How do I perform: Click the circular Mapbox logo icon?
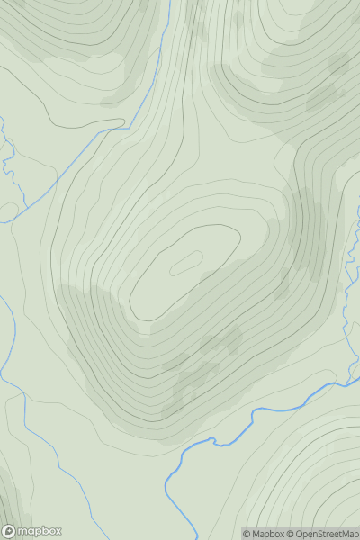[x=9, y=531]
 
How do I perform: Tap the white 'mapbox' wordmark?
[x=40, y=531]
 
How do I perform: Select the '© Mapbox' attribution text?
[x=262, y=534]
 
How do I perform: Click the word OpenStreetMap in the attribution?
[x=325, y=534]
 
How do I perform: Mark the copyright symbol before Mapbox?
[x=246, y=534]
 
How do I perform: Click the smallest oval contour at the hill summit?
[x=185, y=262]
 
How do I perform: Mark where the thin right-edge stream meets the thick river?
[x=346, y=383]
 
